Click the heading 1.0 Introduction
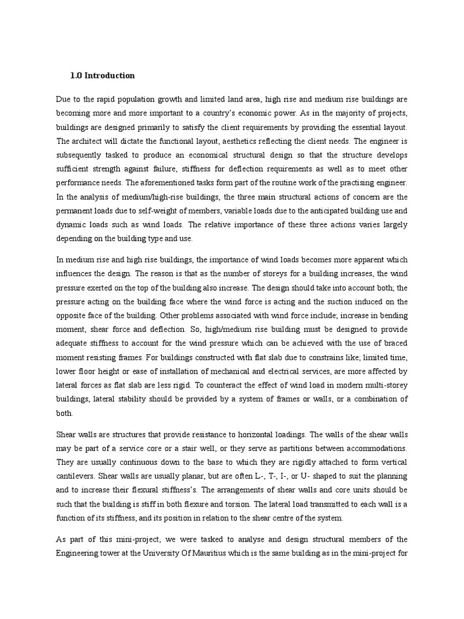102,76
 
